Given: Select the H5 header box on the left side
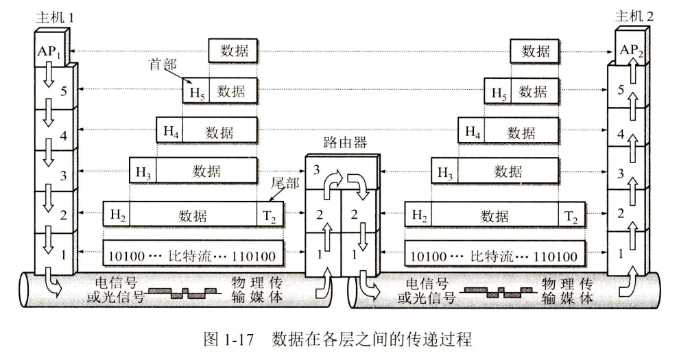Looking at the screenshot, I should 195,91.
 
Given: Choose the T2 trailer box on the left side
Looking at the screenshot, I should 269,216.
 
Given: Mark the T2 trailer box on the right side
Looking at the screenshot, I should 571,216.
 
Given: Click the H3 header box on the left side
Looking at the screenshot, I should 143,172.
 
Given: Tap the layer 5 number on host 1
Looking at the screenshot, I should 63,89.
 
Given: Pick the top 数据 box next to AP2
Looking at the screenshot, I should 536,50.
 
